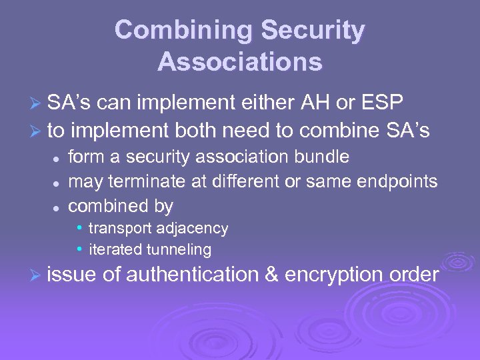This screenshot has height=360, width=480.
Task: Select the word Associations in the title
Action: [x=240, y=62]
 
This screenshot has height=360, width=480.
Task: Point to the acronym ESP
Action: [x=381, y=104]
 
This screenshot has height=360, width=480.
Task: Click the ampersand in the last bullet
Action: [x=271, y=275]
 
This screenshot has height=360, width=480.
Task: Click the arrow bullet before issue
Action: [x=38, y=275]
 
